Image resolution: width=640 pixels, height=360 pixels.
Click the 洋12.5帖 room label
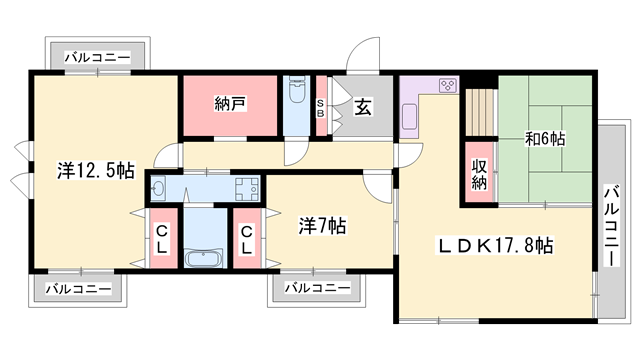click(96, 170)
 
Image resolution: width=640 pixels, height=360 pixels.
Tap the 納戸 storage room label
click(230, 104)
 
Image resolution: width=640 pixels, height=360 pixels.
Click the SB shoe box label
click(320, 108)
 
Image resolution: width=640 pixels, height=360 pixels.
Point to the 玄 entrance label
click(363, 107)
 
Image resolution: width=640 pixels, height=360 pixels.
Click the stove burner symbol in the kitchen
click(447, 86)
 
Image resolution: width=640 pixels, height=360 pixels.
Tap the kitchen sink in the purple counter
click(409, 116)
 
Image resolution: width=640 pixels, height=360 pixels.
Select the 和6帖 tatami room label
click(545, 139)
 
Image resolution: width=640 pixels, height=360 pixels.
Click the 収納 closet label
click(479, 174)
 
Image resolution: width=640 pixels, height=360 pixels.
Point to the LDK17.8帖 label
click(496, 246)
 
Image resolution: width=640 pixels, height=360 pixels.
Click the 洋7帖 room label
click(322, 226)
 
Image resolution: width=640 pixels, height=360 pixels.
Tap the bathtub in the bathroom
click(204, 258)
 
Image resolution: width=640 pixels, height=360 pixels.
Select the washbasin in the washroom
click(158, 189)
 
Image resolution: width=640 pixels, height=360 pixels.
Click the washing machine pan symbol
click(247, 189)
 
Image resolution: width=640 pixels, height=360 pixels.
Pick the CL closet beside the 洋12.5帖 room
click(162, 239)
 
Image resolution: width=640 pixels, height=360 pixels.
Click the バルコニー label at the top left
click(98, 57)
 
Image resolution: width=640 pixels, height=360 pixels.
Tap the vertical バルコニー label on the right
click(611, 226)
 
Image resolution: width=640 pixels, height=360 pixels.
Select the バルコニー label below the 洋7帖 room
click(318, 288)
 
